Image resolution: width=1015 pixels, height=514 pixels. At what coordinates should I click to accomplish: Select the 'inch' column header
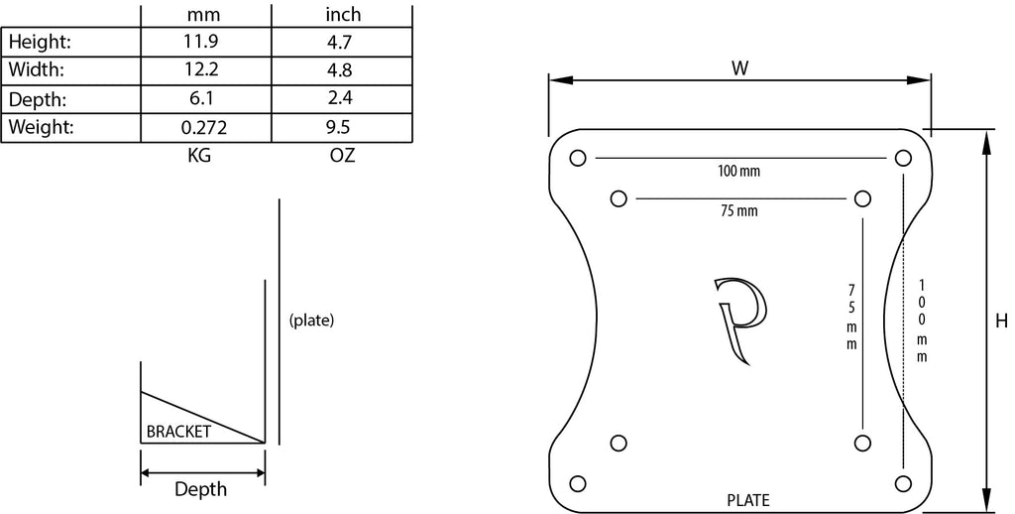point(343,14)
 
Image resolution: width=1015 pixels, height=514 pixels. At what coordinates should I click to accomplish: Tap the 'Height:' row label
point(39,43)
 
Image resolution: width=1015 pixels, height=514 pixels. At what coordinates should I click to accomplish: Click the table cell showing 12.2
point(202,70)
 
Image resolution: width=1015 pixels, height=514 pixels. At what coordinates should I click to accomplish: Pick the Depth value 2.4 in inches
point(340,99)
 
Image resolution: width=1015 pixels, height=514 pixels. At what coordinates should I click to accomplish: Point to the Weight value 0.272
point(204,128)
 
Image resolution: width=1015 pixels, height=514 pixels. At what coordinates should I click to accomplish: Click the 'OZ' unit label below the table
point(342,156)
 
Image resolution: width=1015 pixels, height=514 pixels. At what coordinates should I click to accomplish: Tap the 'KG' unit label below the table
point(198,156)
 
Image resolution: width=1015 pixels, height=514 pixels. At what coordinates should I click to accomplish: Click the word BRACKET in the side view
point(178,432)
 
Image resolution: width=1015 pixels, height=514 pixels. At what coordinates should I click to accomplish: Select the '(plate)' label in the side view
point(311,321)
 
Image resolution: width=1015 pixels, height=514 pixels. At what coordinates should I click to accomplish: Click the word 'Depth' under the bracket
point(200,489)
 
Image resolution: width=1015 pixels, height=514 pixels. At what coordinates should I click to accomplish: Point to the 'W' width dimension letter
point(739,68)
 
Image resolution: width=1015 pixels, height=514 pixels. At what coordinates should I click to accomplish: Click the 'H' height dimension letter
point(1001,321)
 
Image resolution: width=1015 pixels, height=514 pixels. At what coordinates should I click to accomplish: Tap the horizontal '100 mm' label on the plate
point(738,171)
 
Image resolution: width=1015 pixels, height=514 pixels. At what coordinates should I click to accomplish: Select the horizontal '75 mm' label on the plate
point(738,211)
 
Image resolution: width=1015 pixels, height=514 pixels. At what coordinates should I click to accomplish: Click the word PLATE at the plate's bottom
point(748,500)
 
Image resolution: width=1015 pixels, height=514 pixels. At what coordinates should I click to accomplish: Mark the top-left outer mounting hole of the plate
point(578,158)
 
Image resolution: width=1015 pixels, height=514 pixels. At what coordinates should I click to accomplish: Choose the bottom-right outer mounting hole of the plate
point(903,483)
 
